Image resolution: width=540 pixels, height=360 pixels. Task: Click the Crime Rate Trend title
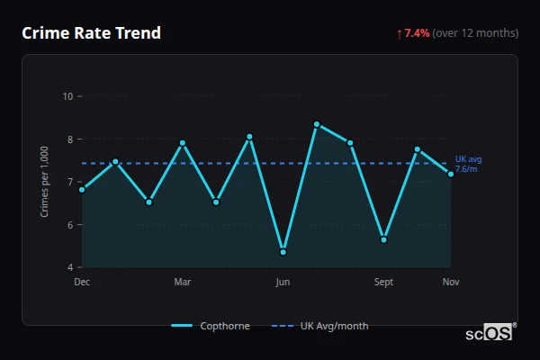tap(91, 33)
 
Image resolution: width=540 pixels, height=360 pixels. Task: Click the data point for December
tap(82, 189)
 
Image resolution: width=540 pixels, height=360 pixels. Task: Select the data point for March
tap(183, 142)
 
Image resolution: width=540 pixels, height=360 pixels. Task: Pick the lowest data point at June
tap(283, 252)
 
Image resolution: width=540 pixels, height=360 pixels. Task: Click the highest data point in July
tap(317, 123)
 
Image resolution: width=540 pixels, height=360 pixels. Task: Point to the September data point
tap(384, 239)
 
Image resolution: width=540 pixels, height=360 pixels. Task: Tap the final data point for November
tap(451, 174)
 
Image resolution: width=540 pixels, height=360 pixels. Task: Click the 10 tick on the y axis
tap(67, 96)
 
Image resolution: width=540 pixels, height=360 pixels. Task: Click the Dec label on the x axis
tap(82, 282)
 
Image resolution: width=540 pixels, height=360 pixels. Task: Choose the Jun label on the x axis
tap(283, 282)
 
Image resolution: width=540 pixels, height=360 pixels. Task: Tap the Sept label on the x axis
tap(384, 282)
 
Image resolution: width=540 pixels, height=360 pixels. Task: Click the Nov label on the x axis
tap(451, 282)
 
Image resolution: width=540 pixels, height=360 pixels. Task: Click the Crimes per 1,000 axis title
tap(45, 182)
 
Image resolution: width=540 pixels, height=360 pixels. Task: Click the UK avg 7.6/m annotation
tap(468, 164)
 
